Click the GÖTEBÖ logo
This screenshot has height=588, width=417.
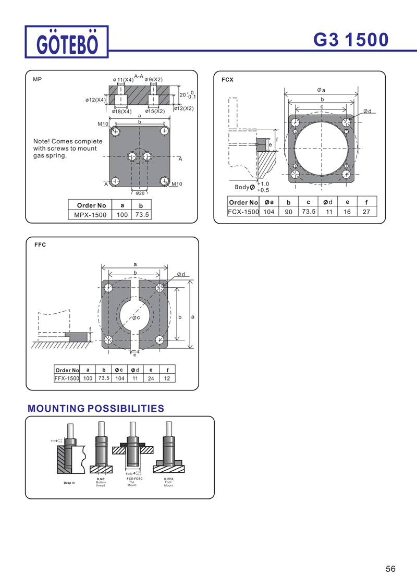(67, 42)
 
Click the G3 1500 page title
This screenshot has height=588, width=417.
(351, 40)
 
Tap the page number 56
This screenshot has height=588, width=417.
(390, 569)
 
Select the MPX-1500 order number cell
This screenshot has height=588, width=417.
(90, 214)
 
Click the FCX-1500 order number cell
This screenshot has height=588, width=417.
(243, 212)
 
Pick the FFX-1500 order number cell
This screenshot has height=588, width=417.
(67, 378)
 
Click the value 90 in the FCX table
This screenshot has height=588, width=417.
(288, 212)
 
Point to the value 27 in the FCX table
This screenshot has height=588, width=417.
(366, 212)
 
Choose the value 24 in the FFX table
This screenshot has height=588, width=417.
(151, 378)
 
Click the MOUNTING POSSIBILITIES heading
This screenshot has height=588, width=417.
(95, 408)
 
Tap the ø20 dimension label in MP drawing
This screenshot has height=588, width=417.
(140, 193)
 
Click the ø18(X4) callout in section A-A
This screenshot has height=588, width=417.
(122, 111)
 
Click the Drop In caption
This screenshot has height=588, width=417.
(69, 483)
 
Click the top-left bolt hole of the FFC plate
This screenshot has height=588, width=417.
(108, 288)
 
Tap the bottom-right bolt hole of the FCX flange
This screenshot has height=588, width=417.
(347, 174)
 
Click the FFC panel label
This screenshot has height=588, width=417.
(40, 244)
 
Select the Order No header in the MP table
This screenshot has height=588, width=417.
(91, 205)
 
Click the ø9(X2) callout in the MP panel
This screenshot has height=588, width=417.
(154, 79)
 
